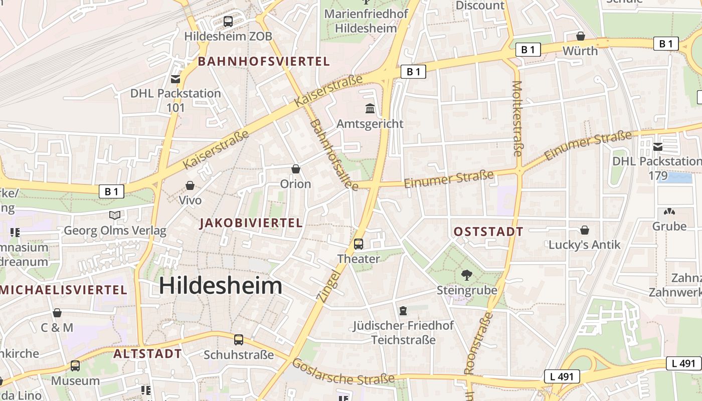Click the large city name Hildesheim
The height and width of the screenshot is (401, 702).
click(x=221, y=286)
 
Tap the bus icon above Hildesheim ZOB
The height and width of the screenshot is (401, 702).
click(x=228, y=22)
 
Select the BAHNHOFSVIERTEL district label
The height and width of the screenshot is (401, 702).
click(x=264, y=62)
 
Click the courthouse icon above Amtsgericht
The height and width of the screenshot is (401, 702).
click(x=370, y=108)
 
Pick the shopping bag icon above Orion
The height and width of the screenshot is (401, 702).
click(x=296, y=169)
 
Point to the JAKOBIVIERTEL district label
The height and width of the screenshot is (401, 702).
click(x=251, y=223)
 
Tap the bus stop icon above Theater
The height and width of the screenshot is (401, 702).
click(x=359, y=244)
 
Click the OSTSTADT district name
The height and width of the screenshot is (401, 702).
click(x=488, y=232)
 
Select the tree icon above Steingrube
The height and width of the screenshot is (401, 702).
click(x=467, y=275)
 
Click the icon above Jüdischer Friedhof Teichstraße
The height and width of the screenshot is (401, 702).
click(x=403, y=311)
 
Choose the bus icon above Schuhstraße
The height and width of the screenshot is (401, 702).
click(x=239, y=340)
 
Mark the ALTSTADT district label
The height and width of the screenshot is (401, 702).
click(x=147, y=353)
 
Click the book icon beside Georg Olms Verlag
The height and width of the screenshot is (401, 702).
click(x=115, y=215)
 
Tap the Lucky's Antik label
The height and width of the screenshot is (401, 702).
click(x=584, y=245)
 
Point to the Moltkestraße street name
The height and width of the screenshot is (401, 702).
click(x=517, y=118)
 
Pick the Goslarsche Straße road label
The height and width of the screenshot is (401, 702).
click(x=343, y=372)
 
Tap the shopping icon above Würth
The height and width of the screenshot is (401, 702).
click(x=580, y=36)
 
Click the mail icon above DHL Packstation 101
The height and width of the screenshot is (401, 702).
click(x=175, y=79)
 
